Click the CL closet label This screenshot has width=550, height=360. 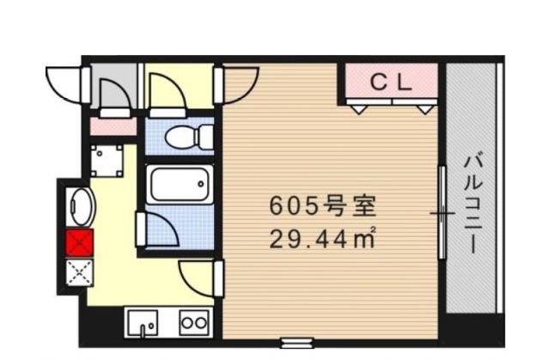pyautogui.click(x=392, y=82)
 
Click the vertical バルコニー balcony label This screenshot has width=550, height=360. pyautogui.click(x=472, y=202)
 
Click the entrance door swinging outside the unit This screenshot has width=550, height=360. pyautogui.click(x=67, y=82)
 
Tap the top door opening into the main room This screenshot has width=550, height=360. pyautogui.click(x=241, y=82)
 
